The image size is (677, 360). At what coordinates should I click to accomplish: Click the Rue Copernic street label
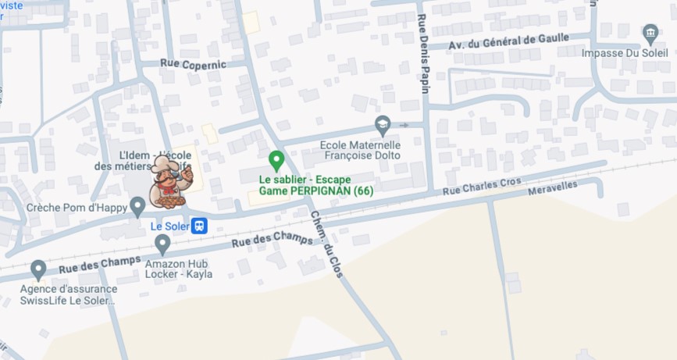(x=193, y=63)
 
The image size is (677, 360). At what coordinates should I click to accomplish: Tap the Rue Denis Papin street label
(x=424, y=53)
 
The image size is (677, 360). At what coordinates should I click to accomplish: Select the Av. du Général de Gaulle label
(x=509, y=42)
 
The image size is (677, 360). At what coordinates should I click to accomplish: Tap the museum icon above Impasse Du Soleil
(x=650, y=34)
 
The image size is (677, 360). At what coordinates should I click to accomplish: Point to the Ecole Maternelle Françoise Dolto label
(x=360, y=150)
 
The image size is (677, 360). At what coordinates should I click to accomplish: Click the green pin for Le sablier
(x=276, y=161)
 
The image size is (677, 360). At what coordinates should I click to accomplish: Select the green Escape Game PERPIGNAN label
(x=315, y=185)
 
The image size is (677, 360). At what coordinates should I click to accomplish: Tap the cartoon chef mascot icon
(x=169, y=182)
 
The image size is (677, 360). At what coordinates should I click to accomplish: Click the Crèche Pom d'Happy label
(x=76, y=209)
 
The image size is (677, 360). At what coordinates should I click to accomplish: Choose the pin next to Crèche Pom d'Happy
(x=137, y=207)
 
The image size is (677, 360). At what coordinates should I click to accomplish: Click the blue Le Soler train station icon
(x=199, y=226)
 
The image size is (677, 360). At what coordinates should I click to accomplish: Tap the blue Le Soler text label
(x=168, y=226)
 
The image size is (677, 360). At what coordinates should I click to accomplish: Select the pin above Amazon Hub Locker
(x=162, y=244)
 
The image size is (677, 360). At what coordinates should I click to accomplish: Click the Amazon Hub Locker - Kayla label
(x=178, y=269)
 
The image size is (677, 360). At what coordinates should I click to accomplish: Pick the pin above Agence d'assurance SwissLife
(x=38, y=270)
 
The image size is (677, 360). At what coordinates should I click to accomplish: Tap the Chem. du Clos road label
(x=327, y=239)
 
